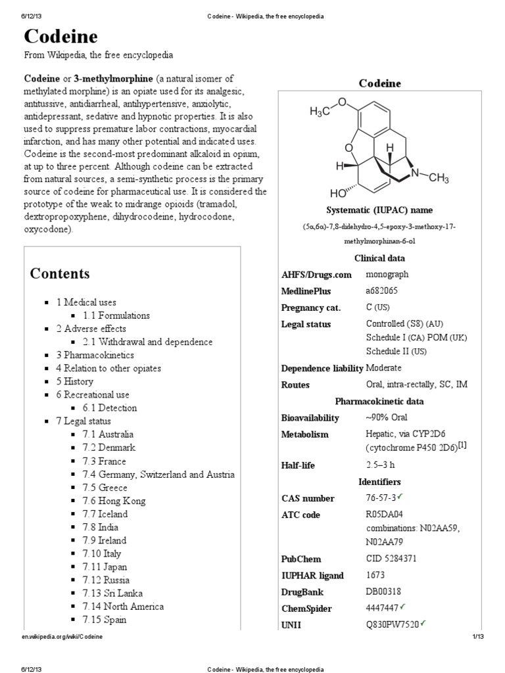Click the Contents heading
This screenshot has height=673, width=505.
pos(60,273)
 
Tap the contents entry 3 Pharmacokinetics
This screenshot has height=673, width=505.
pos(95,355)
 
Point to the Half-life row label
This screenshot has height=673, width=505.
pos(298,465)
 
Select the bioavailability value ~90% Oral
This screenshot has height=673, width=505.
pos(387,417)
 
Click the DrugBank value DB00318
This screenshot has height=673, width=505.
pos(384,592)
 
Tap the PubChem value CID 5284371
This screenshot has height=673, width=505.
pos(391,559)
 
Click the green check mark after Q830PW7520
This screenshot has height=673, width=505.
pos(423,623)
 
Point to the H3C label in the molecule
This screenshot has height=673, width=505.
pos(324,112)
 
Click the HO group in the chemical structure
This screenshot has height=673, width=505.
pos(339,194)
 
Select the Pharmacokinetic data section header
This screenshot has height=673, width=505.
pos(379,401)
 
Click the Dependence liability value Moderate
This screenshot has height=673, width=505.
pos(383,368)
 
